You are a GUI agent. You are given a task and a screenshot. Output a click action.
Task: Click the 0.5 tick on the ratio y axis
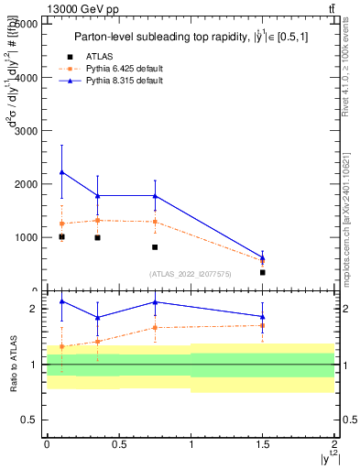[33, 420]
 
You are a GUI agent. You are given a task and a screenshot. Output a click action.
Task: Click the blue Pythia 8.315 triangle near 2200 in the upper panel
[61, 172]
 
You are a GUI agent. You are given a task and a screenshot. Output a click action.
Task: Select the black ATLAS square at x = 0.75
[155, 247]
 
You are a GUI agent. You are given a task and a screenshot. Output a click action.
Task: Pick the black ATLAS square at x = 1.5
[263, 272]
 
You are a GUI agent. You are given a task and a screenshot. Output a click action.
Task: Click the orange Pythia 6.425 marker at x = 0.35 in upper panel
[97, 220]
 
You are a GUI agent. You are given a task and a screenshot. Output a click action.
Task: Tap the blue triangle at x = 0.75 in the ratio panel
[155, 302]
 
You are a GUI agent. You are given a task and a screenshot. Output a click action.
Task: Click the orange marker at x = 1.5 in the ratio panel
[263, 325]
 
